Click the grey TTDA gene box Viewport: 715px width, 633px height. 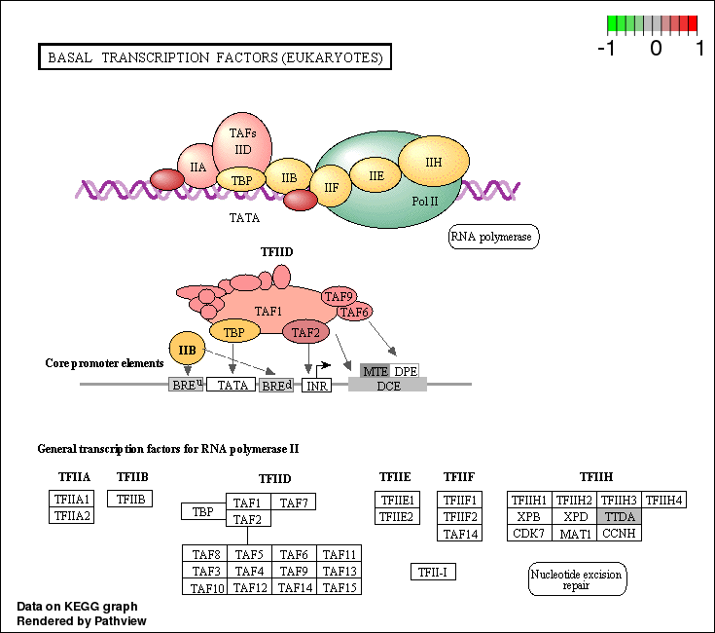620,516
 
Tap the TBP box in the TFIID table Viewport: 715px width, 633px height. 202,511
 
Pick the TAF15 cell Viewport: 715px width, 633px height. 340,587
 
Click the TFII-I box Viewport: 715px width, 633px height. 433,572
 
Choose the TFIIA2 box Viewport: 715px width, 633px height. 71,515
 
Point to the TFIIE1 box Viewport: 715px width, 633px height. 396,500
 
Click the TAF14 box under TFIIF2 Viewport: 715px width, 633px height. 460,533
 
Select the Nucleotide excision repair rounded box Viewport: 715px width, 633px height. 578,579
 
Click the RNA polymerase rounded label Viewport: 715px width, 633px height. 493,237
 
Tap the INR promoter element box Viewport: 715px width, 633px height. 316,387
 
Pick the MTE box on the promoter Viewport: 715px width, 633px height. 375,371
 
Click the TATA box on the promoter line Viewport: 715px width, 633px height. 232,385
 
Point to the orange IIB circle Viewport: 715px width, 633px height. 188,349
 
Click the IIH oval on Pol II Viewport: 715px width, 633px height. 434,162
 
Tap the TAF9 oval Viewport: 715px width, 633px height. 338,297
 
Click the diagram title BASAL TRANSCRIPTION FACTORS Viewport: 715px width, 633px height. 214,57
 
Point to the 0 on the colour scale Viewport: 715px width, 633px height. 656,48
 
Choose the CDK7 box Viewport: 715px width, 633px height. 529,533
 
